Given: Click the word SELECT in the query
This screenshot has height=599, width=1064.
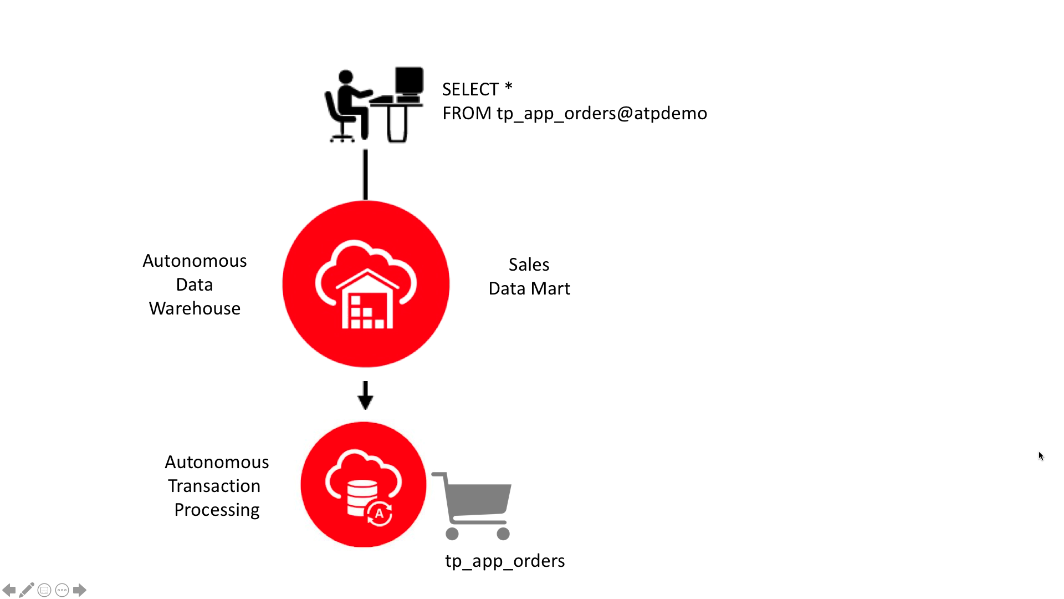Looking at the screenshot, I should tap(470, 89).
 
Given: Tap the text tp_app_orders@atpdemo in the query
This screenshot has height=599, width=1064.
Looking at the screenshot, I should tap(602, 113).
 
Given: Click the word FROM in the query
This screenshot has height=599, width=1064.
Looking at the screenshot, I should tap(467, 113).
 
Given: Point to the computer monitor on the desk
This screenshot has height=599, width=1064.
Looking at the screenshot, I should tap(409, 81).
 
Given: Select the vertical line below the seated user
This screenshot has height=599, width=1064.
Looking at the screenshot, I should tap(365, 174).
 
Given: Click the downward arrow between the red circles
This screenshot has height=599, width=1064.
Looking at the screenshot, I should tap(365, 396).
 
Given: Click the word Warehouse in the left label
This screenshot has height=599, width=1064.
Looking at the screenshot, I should tap(195, 308).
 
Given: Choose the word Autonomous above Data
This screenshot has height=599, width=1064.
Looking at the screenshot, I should tap(195, 261).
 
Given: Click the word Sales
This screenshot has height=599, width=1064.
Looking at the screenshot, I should tap(529, 265).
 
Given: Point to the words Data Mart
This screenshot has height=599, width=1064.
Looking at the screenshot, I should tap(529, 288).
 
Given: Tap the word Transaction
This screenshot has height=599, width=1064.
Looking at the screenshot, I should tap(214, 486).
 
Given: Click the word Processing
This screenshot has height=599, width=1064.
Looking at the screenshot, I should tap(217, 510).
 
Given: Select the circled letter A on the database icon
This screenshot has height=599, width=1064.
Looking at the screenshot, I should tap(380, 513).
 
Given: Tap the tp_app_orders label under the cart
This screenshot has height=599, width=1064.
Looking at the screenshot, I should tap(505, 561).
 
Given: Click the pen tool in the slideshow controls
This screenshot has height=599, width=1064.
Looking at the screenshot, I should tap(26, 590).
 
